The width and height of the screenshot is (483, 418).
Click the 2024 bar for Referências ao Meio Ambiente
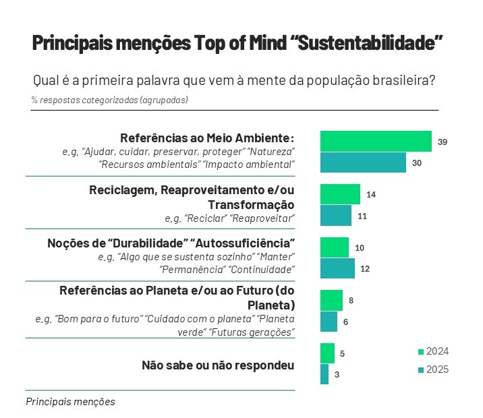tap(376, 142)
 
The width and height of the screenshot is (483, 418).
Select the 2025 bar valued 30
tap(363, 162)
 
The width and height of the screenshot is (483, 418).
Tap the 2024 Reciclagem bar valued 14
tap(340, 194)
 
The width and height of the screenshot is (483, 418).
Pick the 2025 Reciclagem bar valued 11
tap(336, 216)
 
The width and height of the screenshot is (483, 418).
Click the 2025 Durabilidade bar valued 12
tap(337, 268)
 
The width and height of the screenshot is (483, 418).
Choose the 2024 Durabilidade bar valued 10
tap(335, 247)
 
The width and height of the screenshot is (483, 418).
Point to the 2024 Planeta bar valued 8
tap(331, 300)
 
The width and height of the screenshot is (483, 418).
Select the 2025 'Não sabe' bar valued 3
tap(324, 374)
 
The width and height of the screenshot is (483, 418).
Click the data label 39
tap(443, 142)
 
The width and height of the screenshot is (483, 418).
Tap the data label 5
tap(343, 353)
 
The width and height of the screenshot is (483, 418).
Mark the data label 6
tap(345, 322)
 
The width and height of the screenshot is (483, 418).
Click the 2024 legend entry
tap(432, 351)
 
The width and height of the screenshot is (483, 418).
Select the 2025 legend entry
tap(432, 369)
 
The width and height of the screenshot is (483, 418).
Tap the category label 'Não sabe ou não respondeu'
tap(218, 365)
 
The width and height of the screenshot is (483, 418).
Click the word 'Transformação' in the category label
tap(251, 204)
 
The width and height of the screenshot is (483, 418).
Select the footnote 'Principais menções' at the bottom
tap(70, 401)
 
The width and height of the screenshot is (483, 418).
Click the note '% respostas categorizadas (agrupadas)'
tap(109, 100)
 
